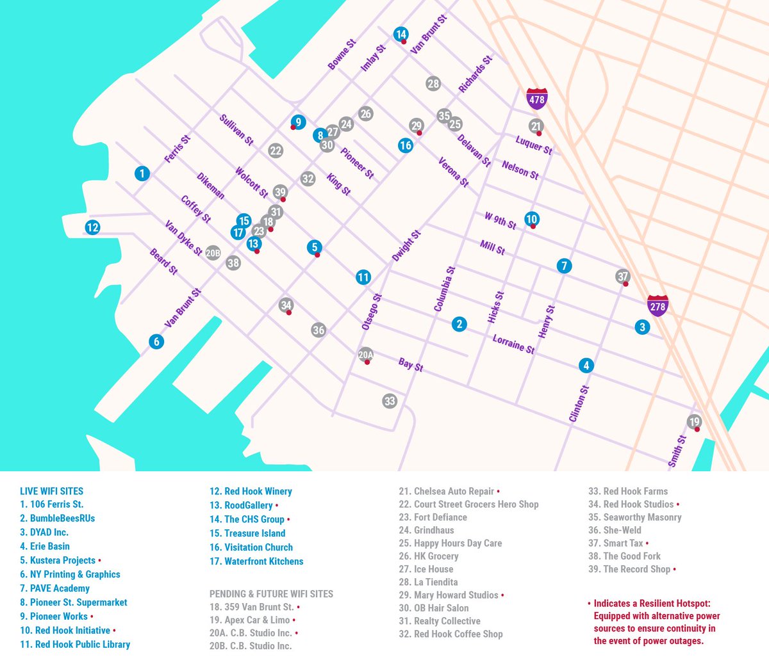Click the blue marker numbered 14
point(401,35)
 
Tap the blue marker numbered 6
point(156,342)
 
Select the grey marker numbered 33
point(390,401)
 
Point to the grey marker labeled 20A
point(365,355)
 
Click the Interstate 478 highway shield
point(536,99)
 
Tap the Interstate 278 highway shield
point(657,306)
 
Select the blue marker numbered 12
point(92,227)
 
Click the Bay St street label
point(411,365)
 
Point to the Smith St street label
point(677,451)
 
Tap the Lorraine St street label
point(513,344)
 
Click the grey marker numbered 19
point(694,422)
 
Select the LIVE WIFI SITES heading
point(52,491)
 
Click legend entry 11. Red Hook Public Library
point(75,644)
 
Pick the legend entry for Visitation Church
point(251,547)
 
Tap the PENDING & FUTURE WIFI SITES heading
point(271,593)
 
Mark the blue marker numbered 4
point(586,366)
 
